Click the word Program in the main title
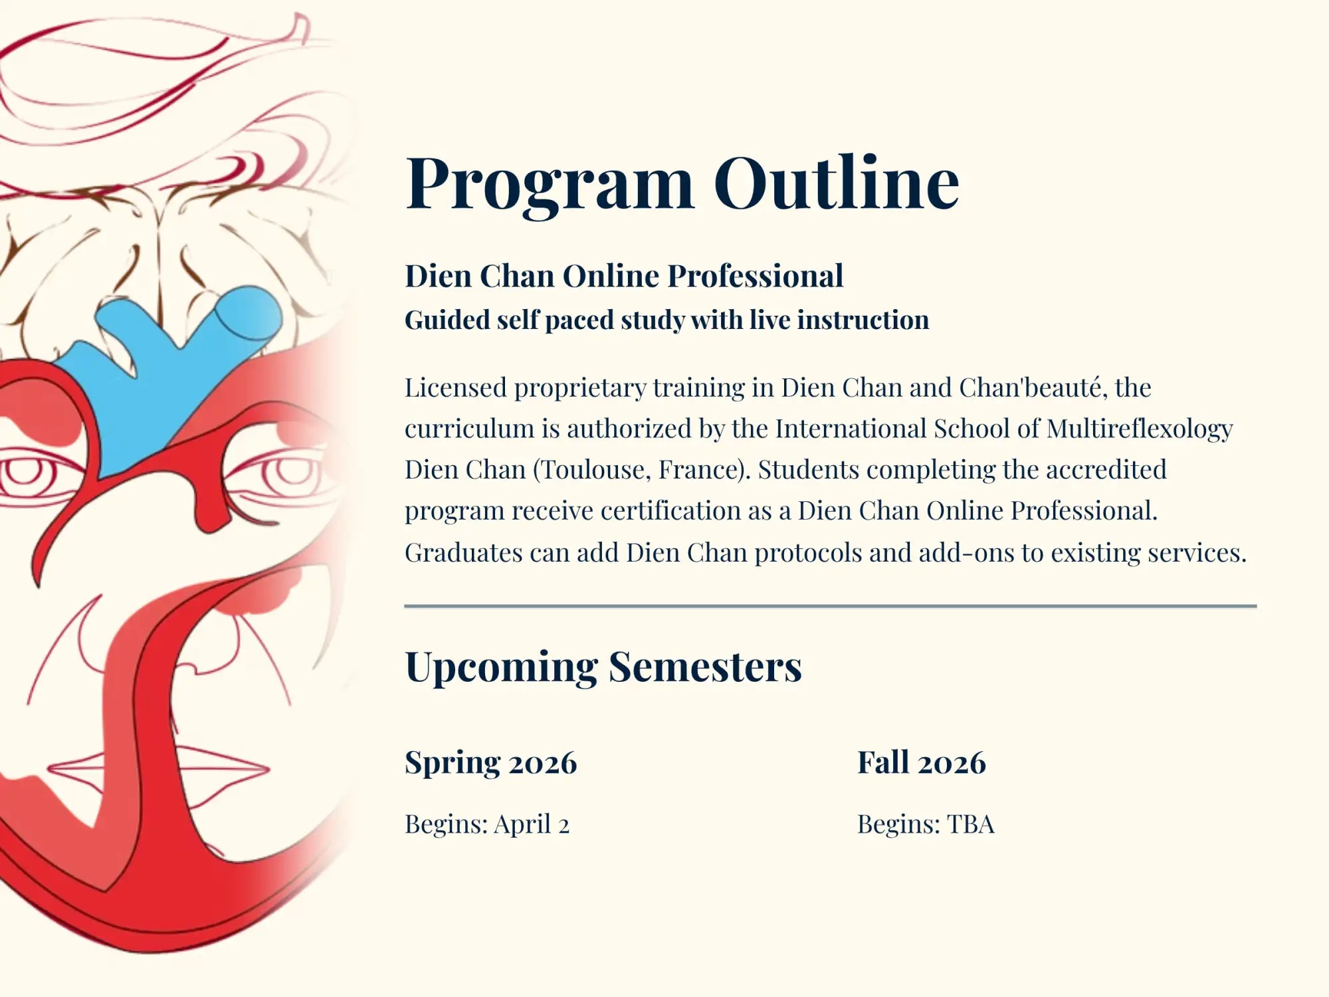pyautogui.click(x=550, y=183)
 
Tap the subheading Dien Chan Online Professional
pyautogui.click(x=624, y=276)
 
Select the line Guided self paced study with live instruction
pyautogui.click(x=666, y=320)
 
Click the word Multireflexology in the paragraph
pyautogui.click(x=1139, y=429)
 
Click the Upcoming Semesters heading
pyautogui.click(x=603, y=667)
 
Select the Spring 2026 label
pyautogui.click(x=490, y=762)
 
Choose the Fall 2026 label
pyautogui.click(x=921, y=762)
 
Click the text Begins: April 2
pyautogui.click(x=487, y=824)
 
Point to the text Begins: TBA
pyautogui.click(x=926, y=824)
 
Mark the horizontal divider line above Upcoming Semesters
pyautogui.click(x=830, y=606)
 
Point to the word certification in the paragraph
pyautogui.click(x=685, y=511)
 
